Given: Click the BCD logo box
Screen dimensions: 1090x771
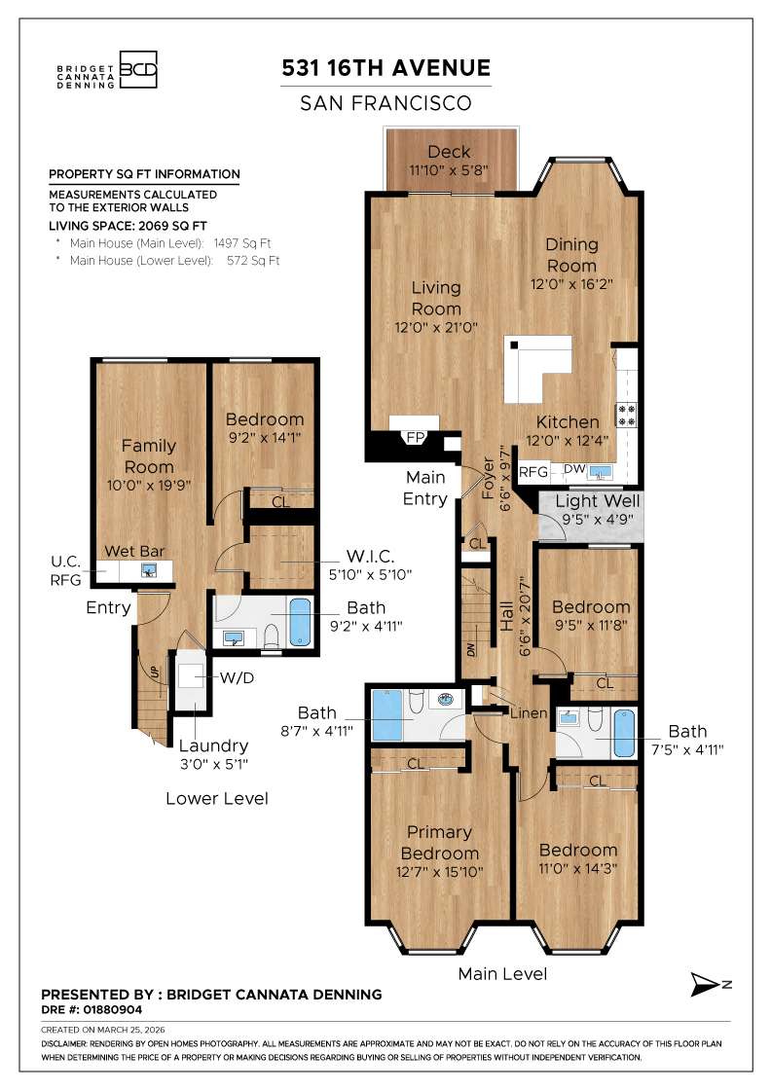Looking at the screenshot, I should click(x=137, y=70).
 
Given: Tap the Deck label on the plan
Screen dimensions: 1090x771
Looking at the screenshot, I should click(x=449, y=152).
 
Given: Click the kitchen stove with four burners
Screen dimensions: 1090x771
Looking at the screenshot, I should click(x=625, y=415).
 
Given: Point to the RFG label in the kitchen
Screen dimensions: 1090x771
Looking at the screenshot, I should click(x=533, y=472).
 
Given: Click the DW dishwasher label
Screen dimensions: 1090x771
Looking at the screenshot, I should click(x=574, y=469).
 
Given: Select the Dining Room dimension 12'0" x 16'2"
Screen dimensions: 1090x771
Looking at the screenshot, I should click(x=571, y=284).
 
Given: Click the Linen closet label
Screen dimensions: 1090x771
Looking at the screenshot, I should click(x=529, y=713).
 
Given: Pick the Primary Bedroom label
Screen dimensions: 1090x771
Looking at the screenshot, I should click(x=439, y=843).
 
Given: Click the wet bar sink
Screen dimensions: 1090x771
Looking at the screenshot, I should click(x=149, y=570).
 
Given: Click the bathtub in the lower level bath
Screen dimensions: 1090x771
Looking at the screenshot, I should click(x=300, y=622).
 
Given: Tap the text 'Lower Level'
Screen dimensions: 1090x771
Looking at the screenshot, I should click(x=216, y=798).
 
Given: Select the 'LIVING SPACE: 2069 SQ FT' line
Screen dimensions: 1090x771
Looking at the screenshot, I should click(x=127, y=225).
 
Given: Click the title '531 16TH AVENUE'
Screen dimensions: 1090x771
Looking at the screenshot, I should click(x=385, y=68).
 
